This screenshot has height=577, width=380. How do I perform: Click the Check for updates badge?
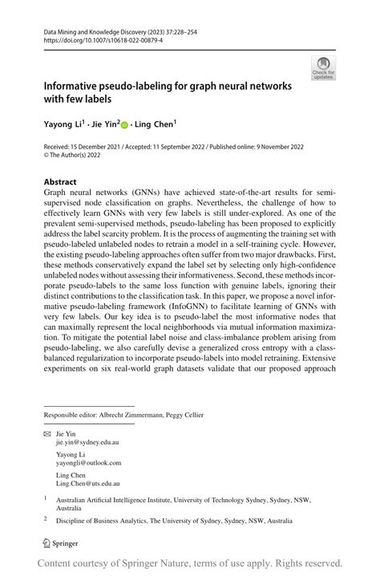click(x=323, y=67)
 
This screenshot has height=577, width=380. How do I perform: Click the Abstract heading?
click(x=60, y=182)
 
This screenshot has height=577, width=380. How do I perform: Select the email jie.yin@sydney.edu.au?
click(x=88, y=442)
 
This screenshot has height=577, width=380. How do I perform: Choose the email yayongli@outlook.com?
click(x=88, y=463)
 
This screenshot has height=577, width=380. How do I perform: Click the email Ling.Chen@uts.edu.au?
click(x=88, y=484)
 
